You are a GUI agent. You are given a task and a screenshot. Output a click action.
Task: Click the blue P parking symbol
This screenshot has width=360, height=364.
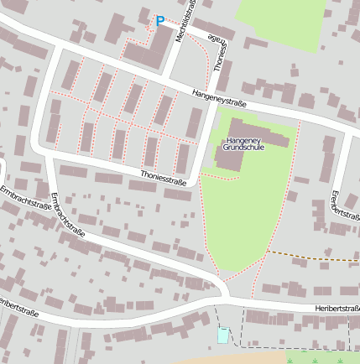point(160,21)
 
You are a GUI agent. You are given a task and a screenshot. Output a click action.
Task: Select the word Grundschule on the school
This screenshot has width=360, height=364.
point(243,147)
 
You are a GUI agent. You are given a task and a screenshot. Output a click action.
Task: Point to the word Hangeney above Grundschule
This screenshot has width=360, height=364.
point(243,139)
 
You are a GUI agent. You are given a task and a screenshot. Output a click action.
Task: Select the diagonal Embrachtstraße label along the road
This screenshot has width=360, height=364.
point(68,216)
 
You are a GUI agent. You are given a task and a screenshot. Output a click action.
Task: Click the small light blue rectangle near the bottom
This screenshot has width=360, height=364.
point(222,335)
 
